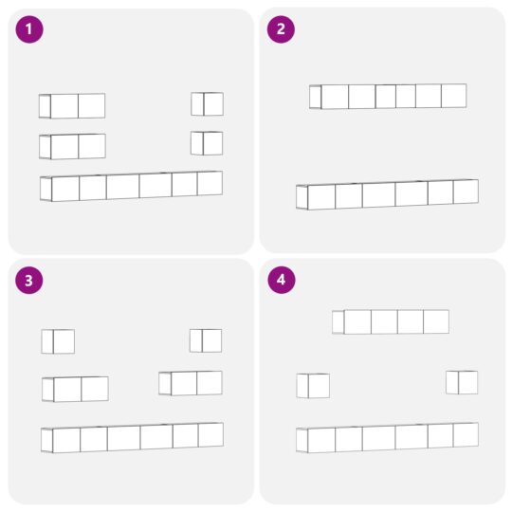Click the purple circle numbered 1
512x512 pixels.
tap(29, 29)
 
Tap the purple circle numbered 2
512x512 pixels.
tap(281, 29)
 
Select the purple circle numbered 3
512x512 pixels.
tap(29, 280)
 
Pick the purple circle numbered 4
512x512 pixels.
tap(282, 280)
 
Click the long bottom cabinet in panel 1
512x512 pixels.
tap(131, 186)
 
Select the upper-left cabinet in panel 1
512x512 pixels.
tap(72, 106)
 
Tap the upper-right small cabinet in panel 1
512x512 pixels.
tap(207, 104)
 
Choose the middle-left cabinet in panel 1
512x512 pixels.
tap(72, 147)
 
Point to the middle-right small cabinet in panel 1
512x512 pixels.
tap(207, 143)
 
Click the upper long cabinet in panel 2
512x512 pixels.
tap(388, 97)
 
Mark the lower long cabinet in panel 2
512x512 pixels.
tap(387, 194)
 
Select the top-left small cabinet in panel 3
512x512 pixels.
tap(58, 341)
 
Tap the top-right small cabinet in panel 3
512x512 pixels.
tap(206, 340)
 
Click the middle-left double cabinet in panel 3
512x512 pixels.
tap(75, 389)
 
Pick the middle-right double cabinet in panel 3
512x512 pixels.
tap(191, 383)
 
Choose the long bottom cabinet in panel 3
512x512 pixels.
tap(132, 437)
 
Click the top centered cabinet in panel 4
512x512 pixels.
tap(391, 322)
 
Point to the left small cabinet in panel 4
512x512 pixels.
tap(313, 386)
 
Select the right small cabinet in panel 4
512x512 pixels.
tap(462, 382)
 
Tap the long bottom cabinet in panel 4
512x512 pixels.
tap(387, 437)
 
